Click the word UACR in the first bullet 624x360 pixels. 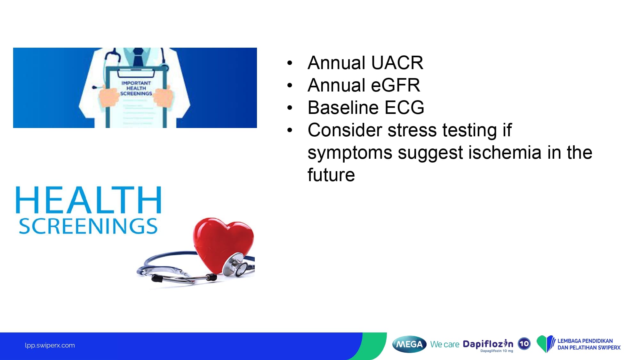click(x=397, y=63)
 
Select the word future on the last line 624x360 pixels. click(x=331, y=175)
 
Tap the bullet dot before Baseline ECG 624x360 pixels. click(x=290, y=108)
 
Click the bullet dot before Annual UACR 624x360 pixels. click(x=290, y=63)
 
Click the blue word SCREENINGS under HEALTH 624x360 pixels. click(x=88, y=226)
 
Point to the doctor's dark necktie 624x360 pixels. click(x=138, y=57)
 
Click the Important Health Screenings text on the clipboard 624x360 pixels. click(x=136, y=88)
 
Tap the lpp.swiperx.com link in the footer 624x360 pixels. click(x=50, y=345)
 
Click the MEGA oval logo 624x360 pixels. click(x=409, y=344)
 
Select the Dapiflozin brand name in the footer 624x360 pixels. click(x=488, y=344)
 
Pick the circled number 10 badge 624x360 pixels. click(x=524, y=344)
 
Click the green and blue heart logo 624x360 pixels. click(x=546, y=344)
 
